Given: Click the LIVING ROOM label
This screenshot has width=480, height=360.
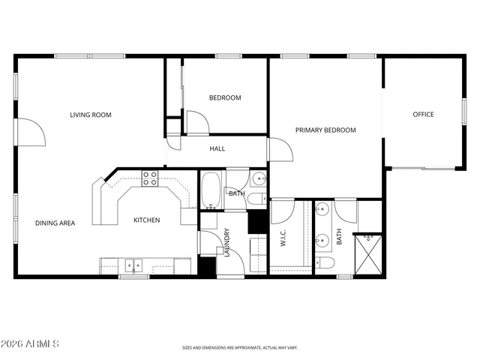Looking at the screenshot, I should point(91,115).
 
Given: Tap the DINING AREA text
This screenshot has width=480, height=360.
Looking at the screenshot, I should point(55,223).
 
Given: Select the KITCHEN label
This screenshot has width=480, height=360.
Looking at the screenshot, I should point(147,220).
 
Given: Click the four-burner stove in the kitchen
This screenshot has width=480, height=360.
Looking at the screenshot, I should point(150,178).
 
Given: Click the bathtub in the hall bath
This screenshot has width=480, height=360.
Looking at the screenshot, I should point(210,190).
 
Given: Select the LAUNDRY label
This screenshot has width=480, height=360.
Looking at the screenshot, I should point(226,242).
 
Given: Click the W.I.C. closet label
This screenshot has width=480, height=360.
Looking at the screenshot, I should point(285,238).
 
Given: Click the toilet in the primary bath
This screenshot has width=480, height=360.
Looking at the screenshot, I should point(325,263).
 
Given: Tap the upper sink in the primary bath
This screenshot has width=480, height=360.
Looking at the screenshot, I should point(323,211).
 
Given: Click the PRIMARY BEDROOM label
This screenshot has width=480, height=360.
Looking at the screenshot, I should point(325,130).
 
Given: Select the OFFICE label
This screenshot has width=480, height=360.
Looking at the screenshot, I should point(424,115).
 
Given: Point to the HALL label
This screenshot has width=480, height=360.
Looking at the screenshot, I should point(217,148).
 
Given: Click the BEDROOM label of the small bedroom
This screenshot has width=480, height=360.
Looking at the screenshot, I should point(225,97).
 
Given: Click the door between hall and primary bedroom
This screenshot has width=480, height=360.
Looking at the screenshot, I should point(278,150).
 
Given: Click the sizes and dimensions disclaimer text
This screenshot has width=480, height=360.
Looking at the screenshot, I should point(240,347).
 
